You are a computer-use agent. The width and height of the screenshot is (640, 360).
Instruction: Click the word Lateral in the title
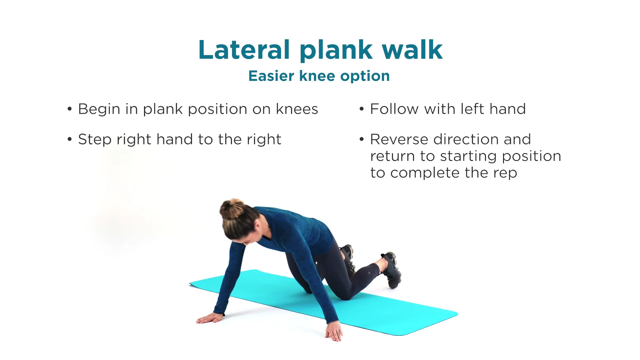point(244,50)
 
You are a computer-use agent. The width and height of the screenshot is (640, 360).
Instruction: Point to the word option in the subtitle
point(365,77)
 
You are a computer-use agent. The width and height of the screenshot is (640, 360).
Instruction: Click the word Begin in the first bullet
point(99,109)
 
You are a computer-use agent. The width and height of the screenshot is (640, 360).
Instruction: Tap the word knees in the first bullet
point(297,109)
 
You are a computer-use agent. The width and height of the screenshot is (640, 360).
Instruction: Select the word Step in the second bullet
point(95,140)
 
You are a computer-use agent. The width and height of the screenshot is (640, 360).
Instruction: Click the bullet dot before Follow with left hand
point(362,109)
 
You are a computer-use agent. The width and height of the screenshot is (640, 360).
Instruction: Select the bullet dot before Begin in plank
point(70,109)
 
